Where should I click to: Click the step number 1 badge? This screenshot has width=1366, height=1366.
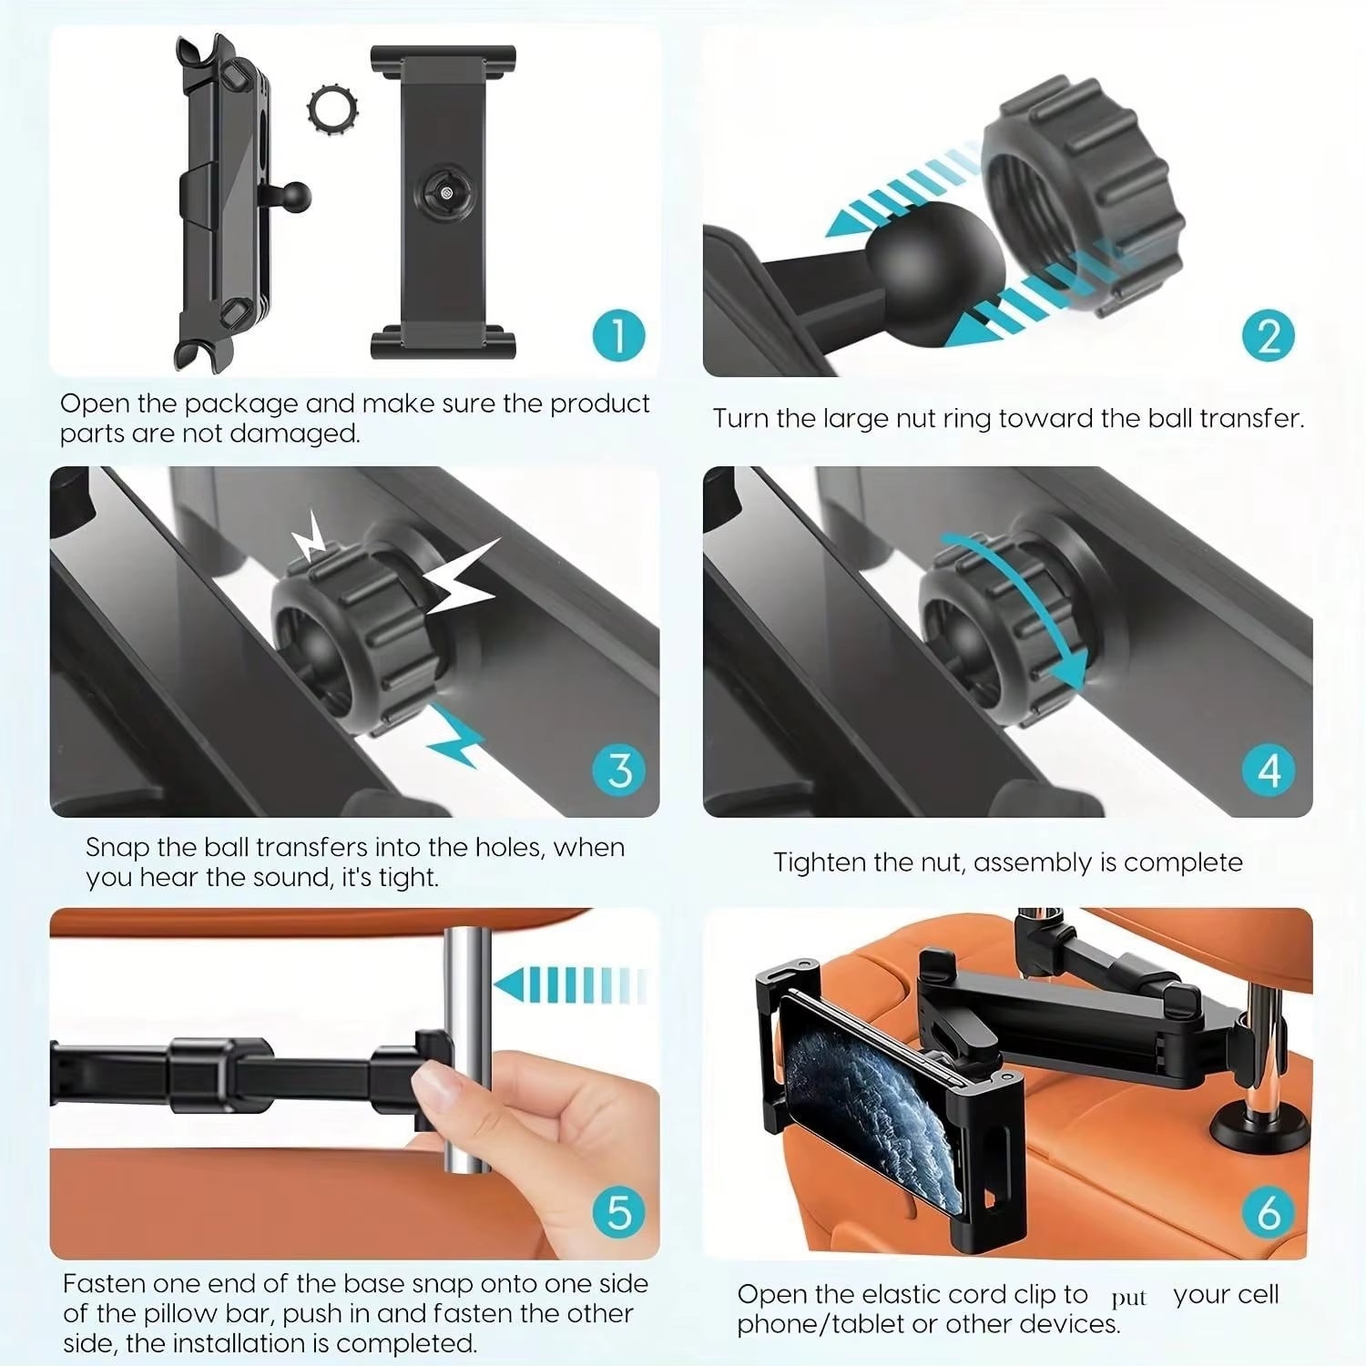click(618, 335)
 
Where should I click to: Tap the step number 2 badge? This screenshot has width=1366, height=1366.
click(1269, 336)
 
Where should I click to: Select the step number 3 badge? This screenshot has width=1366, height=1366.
click(619, 770)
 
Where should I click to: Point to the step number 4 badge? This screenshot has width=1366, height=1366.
click(1269, 770)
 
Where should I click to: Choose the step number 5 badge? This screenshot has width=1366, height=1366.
click(619, 1212)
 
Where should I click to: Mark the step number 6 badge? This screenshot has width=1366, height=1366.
click(1269, 1212)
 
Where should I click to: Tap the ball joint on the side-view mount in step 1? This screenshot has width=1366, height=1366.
click(294, 195)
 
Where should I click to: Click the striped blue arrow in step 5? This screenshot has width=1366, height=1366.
click(569, 985)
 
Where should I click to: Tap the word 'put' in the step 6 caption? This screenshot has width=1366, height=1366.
click(1128, 1298)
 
